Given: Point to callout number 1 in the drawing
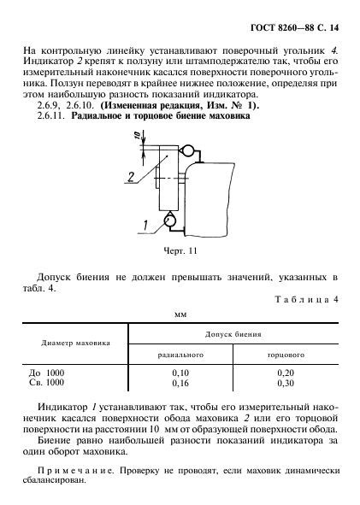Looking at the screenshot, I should click(145, 225).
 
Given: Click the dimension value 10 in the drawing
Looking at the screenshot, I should click(135, 138).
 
